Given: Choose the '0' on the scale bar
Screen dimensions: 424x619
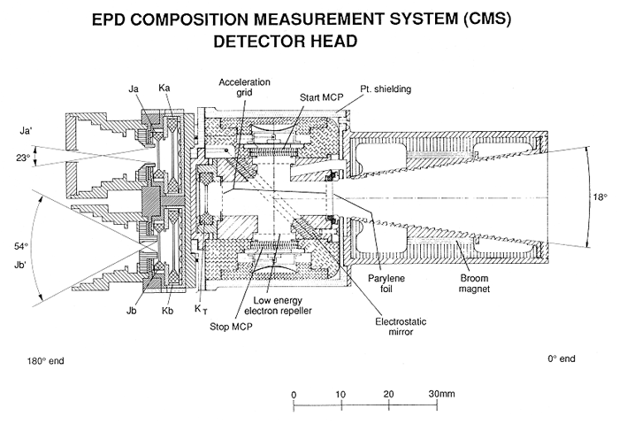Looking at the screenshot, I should point(294,394).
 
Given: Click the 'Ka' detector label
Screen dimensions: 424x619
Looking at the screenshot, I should point(165,90).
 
